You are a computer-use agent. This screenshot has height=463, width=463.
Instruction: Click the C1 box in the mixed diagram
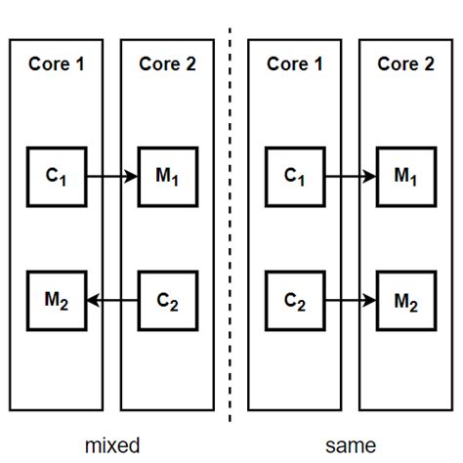coord(56,177)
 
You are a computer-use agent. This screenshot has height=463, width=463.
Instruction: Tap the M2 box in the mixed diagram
coord(56,299)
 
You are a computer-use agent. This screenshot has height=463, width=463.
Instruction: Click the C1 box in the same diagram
coord(294,177)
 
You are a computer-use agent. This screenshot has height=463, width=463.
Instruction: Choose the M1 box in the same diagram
coord(406,177)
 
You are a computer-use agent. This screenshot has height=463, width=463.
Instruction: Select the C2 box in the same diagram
coord(294,299)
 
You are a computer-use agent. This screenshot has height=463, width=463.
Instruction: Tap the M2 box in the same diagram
coord(406,299)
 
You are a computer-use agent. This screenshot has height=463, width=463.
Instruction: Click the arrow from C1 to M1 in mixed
coord(112,178)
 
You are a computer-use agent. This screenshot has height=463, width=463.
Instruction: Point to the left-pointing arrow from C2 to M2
coord(112,300)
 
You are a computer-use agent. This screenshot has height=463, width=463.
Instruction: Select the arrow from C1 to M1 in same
coord(351,178)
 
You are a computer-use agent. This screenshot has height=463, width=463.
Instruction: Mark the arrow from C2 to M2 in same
coord(351,300)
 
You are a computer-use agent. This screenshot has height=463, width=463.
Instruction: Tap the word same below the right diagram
coord(351,445)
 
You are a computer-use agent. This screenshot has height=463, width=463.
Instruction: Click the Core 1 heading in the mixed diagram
coord(56,64)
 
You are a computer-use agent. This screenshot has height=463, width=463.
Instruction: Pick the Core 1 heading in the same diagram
coord(294,64)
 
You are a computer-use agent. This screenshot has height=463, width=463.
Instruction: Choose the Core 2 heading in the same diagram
coord(406,64)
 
